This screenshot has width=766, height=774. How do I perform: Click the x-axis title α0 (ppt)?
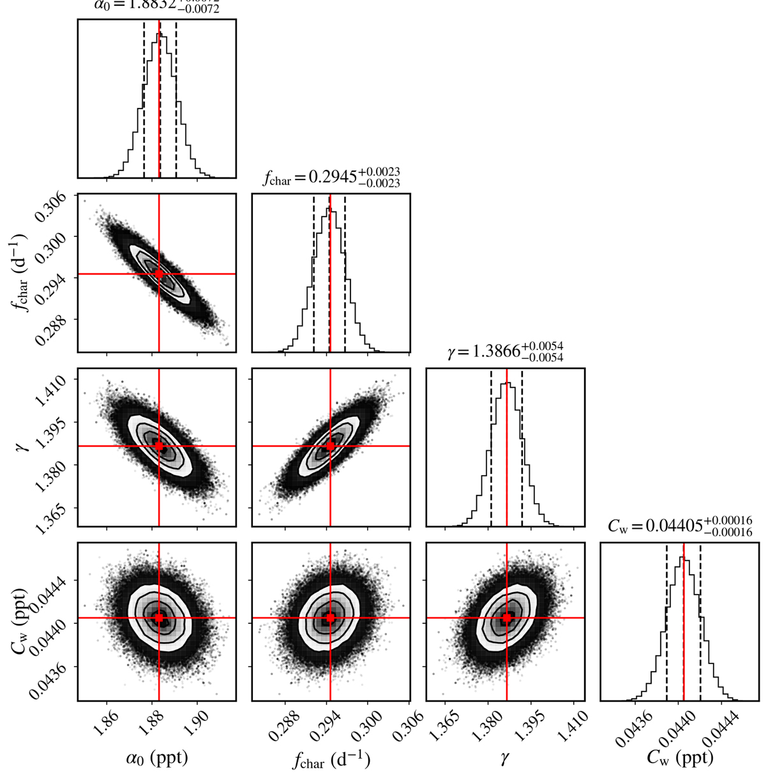coord(157,757)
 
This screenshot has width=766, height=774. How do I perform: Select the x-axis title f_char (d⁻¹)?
coord(331,759)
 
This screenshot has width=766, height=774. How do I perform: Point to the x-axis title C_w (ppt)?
coord(680,757)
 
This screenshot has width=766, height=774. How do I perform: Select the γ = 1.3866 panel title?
coord(506,351)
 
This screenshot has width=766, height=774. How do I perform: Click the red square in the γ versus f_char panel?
coord(330,446)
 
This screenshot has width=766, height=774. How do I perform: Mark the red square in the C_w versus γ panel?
coord(507,618)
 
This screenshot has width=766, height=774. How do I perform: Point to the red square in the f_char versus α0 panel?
coord(159,274)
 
